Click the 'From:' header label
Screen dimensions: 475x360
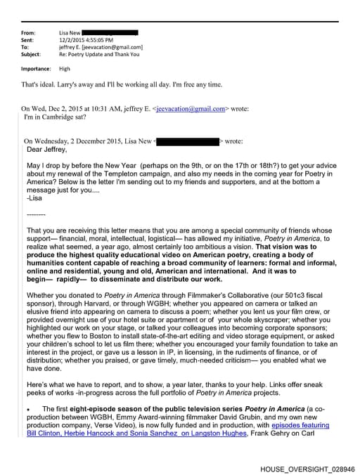click(x=28, y=33)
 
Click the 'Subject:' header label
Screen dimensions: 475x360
click(x=31, y=54)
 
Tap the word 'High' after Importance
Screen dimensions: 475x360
click(x=65, y=69)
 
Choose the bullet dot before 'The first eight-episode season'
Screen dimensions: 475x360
click(x=27, y=409)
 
